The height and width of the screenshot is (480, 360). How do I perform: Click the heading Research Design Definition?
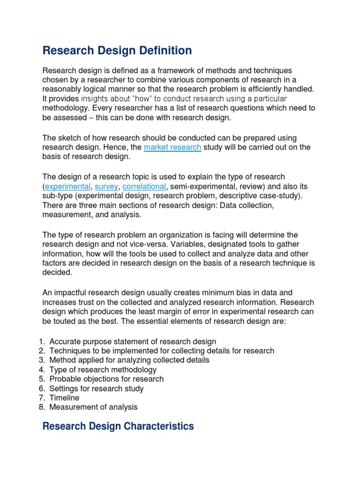coord(117,50)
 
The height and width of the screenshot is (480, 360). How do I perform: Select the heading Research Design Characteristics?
coord(118,426)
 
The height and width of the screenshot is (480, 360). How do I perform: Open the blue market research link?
coord(172,147)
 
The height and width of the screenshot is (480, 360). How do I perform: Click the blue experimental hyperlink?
coord(67,186)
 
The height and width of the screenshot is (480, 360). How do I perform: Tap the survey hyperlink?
coord(106,186)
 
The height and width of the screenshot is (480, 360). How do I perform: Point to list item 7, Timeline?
coord(64,398)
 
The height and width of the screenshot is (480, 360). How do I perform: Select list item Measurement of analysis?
coord(93,407)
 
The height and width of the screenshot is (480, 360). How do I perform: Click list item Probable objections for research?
coord(106,379)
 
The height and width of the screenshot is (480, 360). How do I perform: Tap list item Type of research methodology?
coord(103,369)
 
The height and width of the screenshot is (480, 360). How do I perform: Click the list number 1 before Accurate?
coord(41,341)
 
